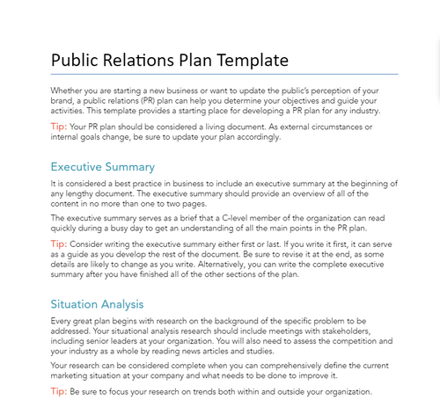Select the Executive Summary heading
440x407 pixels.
(x=103, y=166)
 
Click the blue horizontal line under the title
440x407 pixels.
(x=224, y=74)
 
